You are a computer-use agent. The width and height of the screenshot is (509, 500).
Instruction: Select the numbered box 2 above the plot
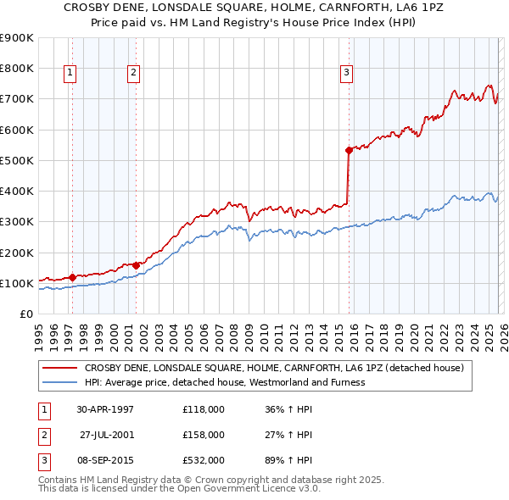pyautogui.click(x=134, y=74)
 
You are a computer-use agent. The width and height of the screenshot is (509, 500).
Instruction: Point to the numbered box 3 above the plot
pyautogui.click(x=346, y=74)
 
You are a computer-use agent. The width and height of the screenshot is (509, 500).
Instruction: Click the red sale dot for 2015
pyautogui.click(x=349, y=151)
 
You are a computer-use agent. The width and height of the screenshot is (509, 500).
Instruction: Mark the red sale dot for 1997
pyautogui.click(x=72, y=277)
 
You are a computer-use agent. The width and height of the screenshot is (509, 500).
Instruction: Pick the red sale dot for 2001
pyautogui.click(x=137, y=265)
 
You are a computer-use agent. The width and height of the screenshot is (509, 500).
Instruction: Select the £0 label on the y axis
pyautogui.click(x=25, y=314)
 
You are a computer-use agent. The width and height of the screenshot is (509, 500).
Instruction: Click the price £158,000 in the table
pyautogui.click(x=204, y=435)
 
